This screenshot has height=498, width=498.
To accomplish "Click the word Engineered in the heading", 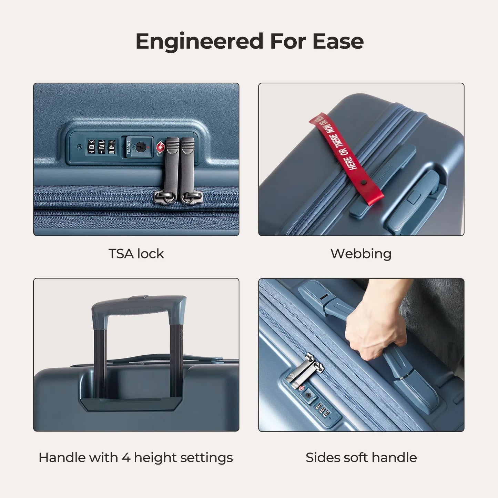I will [x=199, y=41].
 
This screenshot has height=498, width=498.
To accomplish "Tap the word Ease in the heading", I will [x=338, y=41].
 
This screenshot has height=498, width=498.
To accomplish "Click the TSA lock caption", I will [x=136, y=254].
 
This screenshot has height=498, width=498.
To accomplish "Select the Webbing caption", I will [x=361, y=254].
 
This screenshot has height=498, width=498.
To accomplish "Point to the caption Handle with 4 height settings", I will [x=136, y=457].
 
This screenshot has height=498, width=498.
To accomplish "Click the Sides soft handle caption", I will [x=361, y=457].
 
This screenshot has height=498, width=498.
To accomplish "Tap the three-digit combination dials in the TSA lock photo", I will [x=101, y=147].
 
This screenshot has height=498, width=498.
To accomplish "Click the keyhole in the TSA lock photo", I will [x=140, y=148].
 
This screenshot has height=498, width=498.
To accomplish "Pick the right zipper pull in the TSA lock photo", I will [x=188, y=169].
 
